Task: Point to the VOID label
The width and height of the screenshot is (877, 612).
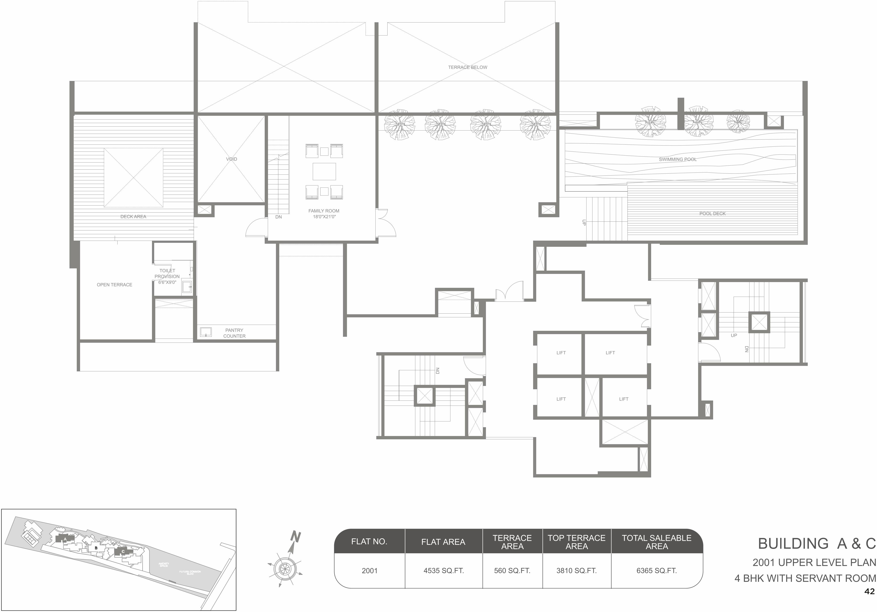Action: point(231,159)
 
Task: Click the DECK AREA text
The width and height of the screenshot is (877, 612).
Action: point(133,217)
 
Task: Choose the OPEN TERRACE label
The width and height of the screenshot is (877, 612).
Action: point(114,284)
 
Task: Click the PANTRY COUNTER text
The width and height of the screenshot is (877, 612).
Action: point(234,333)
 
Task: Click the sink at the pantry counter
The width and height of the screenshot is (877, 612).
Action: point(206,332)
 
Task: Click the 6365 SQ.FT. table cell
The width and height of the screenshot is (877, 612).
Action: point(656,571)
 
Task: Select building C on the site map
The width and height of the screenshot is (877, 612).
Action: point(123,552)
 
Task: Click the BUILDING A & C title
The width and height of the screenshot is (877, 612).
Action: point(816,544)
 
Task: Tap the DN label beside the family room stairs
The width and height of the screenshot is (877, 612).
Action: point(278,217)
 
